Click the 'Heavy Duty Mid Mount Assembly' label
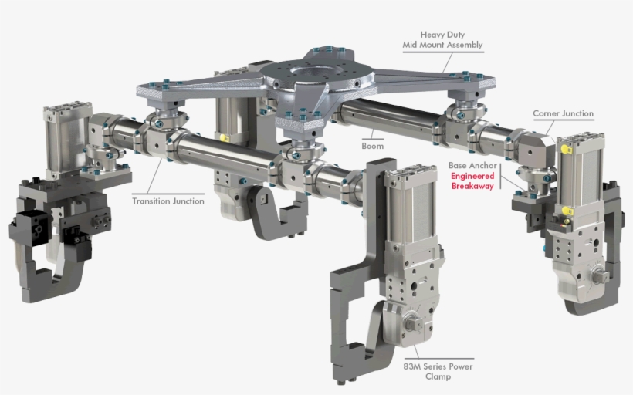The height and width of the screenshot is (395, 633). tap(442, 39)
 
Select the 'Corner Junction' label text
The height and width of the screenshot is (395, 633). tap(563, 113)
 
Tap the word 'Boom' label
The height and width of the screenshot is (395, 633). tap(372, 145)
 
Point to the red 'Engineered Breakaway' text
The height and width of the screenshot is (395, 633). tap(472, 181)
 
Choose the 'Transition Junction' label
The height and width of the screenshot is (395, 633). tap(168, 201)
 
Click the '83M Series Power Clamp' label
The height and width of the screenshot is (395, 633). tap(437, 371)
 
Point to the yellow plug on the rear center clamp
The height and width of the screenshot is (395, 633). tap(224, 138)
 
